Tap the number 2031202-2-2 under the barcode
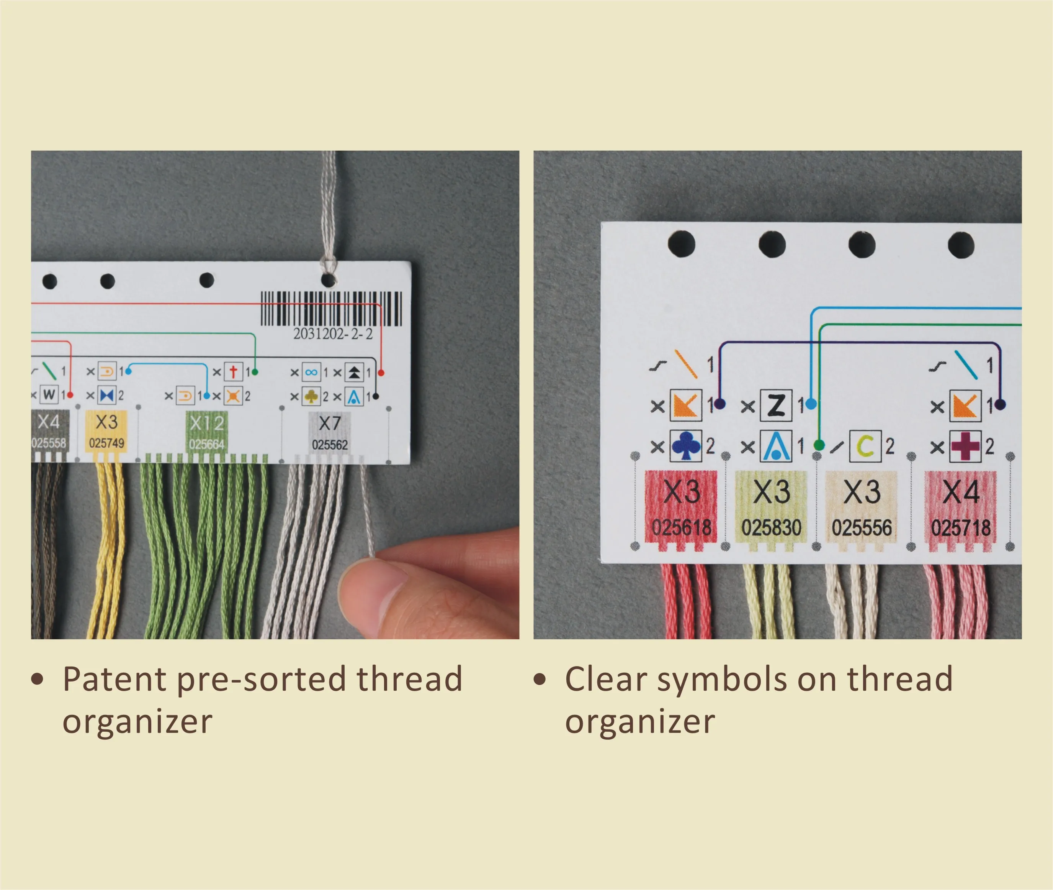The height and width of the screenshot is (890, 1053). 333,334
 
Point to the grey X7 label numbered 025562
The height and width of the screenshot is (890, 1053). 330,432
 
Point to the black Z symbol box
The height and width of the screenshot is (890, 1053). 776,405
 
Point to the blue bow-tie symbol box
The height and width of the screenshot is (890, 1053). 107,396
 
